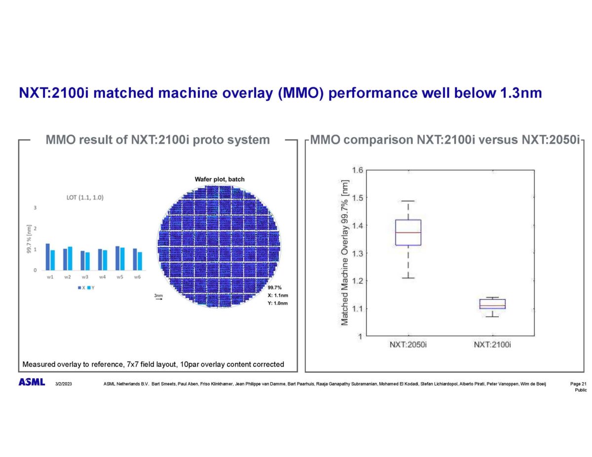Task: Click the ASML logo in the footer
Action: coord(32,382)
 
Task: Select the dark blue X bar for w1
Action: coord(47,257)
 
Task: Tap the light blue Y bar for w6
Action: coord(140,261)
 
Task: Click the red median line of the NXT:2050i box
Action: coord(408,232)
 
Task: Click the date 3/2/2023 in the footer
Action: coord(64,383)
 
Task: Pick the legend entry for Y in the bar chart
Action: coord(90,287)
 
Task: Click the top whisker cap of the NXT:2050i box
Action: coord(408,201)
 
